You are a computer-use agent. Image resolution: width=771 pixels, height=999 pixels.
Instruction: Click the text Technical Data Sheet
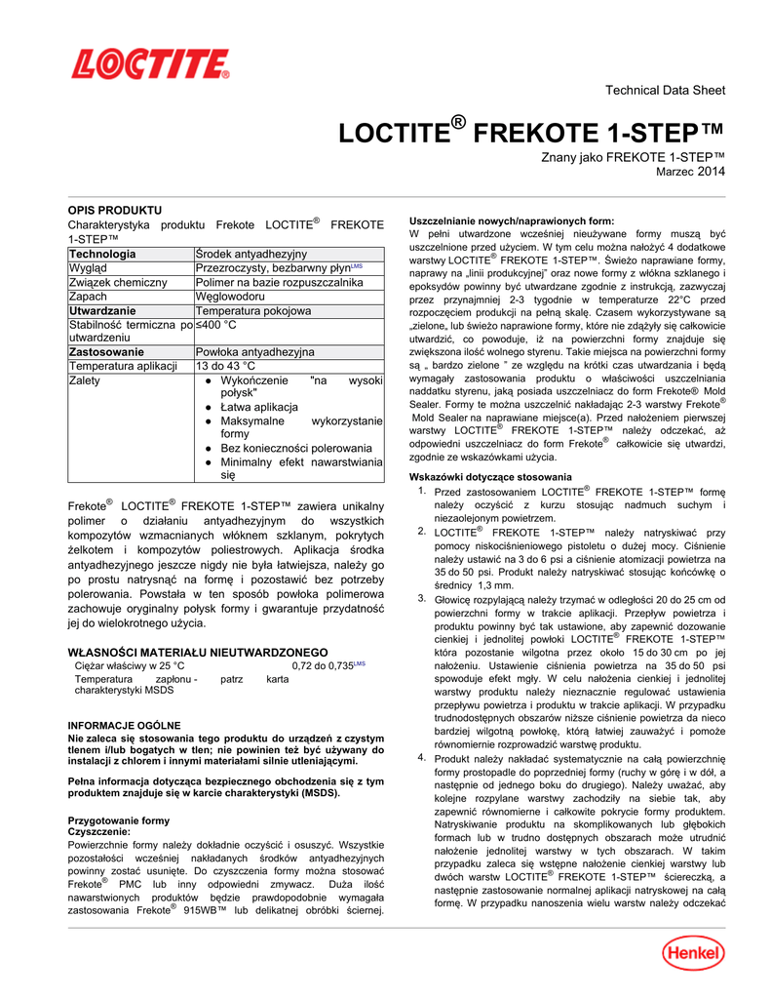[665, 91]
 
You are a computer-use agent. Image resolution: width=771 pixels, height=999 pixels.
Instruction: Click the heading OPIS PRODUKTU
[114, 211]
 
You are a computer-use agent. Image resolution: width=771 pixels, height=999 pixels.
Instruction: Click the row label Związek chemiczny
[115, 283]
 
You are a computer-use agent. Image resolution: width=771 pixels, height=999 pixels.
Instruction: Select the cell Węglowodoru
[230, 297]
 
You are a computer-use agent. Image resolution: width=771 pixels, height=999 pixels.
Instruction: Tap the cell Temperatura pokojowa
[253, 311]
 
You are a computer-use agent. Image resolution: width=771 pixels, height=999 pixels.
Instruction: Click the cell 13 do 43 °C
[229, 367]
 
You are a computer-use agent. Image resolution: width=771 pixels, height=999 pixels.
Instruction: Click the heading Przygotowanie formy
[117, 821]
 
